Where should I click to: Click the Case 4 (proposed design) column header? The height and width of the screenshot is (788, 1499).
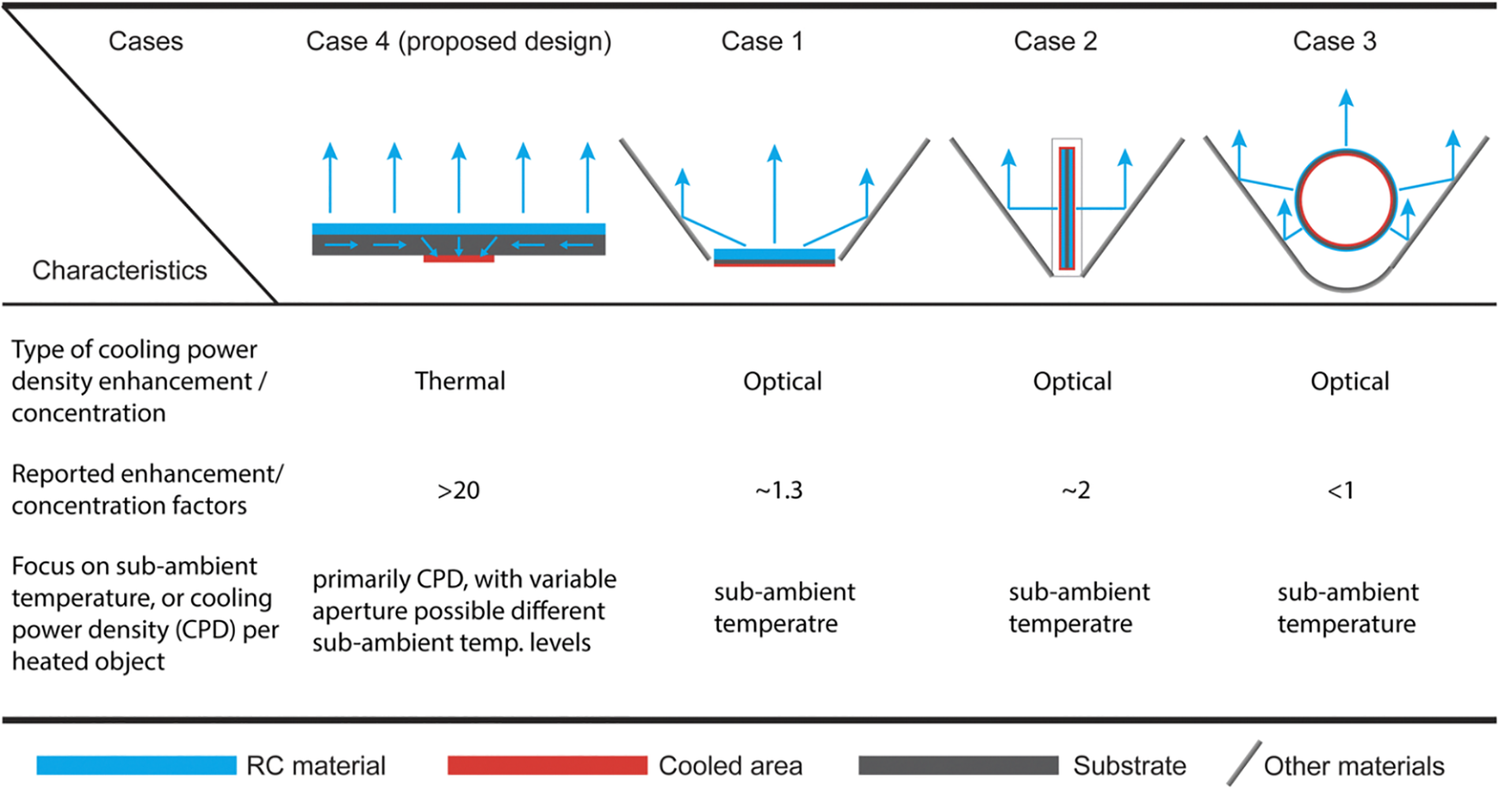pyautogui.click(x=458, y=41)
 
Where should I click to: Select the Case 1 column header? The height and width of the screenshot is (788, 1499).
pyautogui.click(x=762, y=41)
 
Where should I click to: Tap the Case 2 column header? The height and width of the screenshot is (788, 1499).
pyautogui.click(x=1055, y=41)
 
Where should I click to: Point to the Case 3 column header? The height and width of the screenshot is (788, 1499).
pyautogui.click(x=1334, y=41)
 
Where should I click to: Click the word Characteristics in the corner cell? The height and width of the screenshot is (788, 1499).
pyautogui.click(x=119, y=271)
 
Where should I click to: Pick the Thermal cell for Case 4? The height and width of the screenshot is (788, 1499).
pyautogui.click(x=460, y=381)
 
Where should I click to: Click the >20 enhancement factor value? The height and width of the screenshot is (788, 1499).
pyautogui.click(x=458, y=491)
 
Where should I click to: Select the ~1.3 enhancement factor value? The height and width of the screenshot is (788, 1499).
pyautogui.click(x=779, y=491)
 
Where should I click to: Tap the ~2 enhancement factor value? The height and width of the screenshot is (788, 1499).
pyautogui.click(x=1075, y=491)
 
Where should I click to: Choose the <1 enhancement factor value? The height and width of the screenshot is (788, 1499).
pyautogui.click(x=1340, y=491)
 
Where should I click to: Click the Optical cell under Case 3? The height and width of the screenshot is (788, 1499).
pyautogui.click(x=1350, y=381)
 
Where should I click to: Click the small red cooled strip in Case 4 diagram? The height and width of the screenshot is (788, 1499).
pyautogui.click(x=458, y=259)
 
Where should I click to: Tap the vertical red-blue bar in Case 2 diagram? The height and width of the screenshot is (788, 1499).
pyautogui.click(x=1067, y=208)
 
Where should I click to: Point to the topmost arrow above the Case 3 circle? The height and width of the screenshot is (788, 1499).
pyautogui.click(x=1346, y=118)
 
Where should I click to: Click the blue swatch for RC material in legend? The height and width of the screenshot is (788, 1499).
pyautogui.click(x=136, y=765)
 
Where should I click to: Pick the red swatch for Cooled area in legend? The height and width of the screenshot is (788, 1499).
pyautogui.click(x=547, y=765)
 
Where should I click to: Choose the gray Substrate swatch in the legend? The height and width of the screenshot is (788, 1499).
pyautogui.click(x=958, y=765)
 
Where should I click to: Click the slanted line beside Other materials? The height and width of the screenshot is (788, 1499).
pyautogui.click(x=1244, y=764)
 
